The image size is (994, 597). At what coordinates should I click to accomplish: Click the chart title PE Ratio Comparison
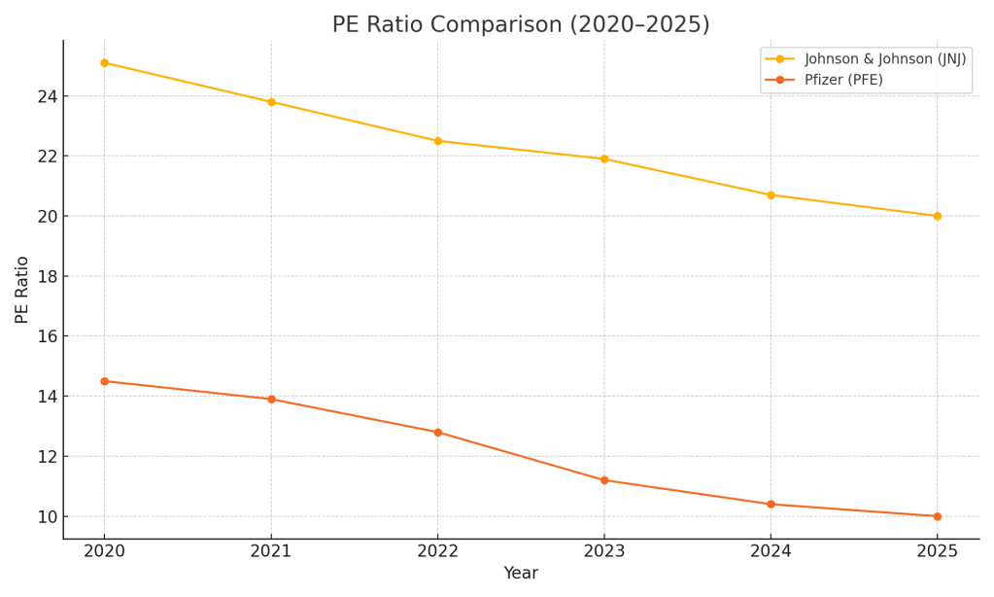(x=521, y=25)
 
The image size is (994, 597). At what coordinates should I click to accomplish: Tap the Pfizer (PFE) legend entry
(x=842, y=80)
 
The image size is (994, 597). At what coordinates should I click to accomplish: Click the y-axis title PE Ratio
(x=22, y=290)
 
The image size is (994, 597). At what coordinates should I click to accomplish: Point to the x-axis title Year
(x=521, y=574)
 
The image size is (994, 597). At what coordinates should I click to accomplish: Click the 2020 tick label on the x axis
(x=105, y=551)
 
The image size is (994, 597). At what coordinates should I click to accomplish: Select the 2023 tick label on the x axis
(x=604, y=551)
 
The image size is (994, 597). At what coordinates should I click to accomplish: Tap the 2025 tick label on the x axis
(x=937, y=551)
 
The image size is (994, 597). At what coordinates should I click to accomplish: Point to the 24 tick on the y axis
(x=48, y=96)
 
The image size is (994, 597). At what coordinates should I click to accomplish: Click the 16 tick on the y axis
(x=48, y=336)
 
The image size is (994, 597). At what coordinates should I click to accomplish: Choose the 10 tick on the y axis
(x=48, y=516)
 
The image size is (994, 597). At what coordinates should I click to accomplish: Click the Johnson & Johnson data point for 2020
(x=105, y=63)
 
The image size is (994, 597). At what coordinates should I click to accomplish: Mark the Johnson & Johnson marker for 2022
(x=437, y=141)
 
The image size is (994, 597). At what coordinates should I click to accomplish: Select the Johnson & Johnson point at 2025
(x=937, y=216)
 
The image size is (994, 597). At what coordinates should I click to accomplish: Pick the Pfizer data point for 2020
(x=105, y=381)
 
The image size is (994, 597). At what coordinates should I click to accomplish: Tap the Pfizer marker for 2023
(x=604, y=480)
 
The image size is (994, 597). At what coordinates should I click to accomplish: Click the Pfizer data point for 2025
(x=937, y=516)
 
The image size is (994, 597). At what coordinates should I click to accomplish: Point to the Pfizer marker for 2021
(x=271, y=400)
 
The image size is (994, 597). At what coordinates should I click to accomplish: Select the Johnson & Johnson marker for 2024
(x=771, y=195)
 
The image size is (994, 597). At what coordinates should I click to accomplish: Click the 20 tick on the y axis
(x=48, y=216)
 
